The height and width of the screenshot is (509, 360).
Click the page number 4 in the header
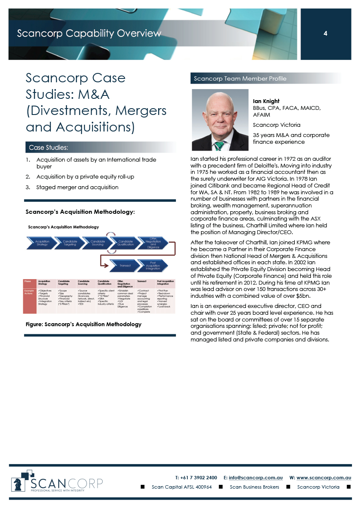[x=325, y=33]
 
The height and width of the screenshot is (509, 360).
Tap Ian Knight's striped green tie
[x=219, y=145]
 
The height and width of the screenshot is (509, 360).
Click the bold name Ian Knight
[x=266, y=101]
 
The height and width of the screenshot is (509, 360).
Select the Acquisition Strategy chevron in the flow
[x=42, y=243]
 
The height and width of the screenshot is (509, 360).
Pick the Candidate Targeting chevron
[x=70, y=243]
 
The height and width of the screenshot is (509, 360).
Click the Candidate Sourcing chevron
[x=98, y=243]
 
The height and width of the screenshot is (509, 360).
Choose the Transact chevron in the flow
[x=125, y=266]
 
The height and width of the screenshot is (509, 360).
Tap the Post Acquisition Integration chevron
[x=153, y=266]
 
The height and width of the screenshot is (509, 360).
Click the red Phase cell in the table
[x=28, y=281]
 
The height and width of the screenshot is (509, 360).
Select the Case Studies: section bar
[x=100, y=148]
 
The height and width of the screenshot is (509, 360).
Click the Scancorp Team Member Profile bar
[x=265, y=78]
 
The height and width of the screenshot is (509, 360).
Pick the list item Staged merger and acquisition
[x=77, y=187]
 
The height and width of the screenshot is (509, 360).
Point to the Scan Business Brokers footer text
[x=254, y=487]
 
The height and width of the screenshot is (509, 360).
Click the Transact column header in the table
[x=142, y=281]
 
